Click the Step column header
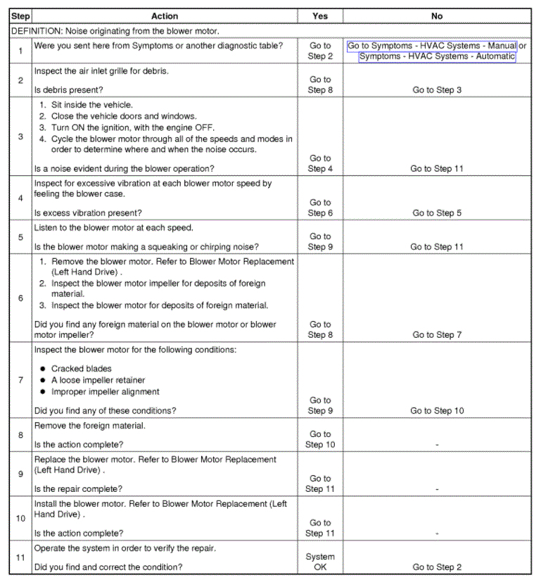20,15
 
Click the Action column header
165,15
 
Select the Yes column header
320,15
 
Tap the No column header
437,15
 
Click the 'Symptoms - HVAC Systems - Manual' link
432,46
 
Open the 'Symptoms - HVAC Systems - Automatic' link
437,56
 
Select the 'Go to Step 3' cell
437,90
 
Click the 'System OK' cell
320,562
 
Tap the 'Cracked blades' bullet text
81,369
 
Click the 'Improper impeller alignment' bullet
105,391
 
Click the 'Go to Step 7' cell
437,335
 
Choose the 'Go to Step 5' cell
437,213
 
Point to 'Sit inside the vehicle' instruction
91,104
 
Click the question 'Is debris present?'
68,90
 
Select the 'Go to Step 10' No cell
437,411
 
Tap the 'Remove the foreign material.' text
89,426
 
